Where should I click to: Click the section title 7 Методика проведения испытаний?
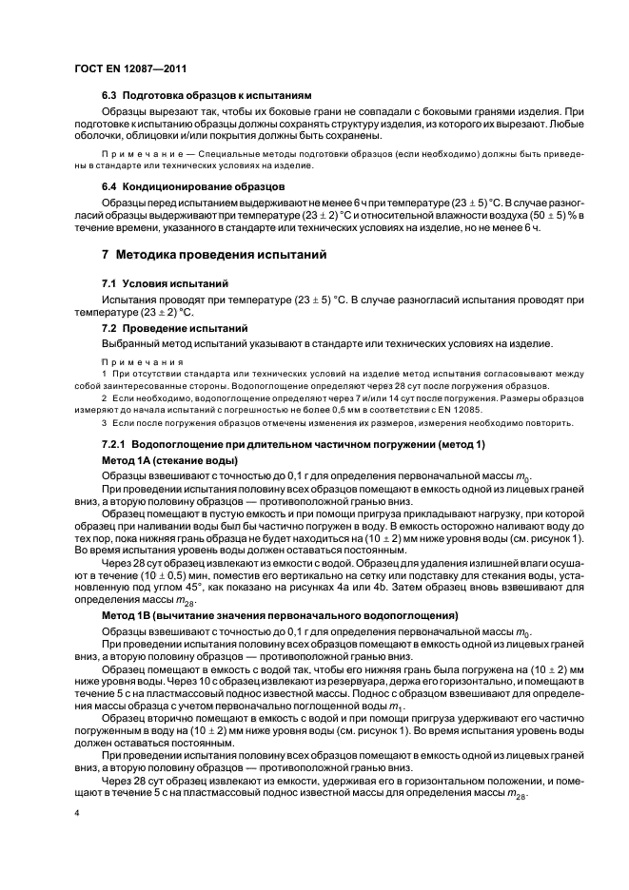pos(214,256)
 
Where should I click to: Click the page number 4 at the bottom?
pos(76,814)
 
